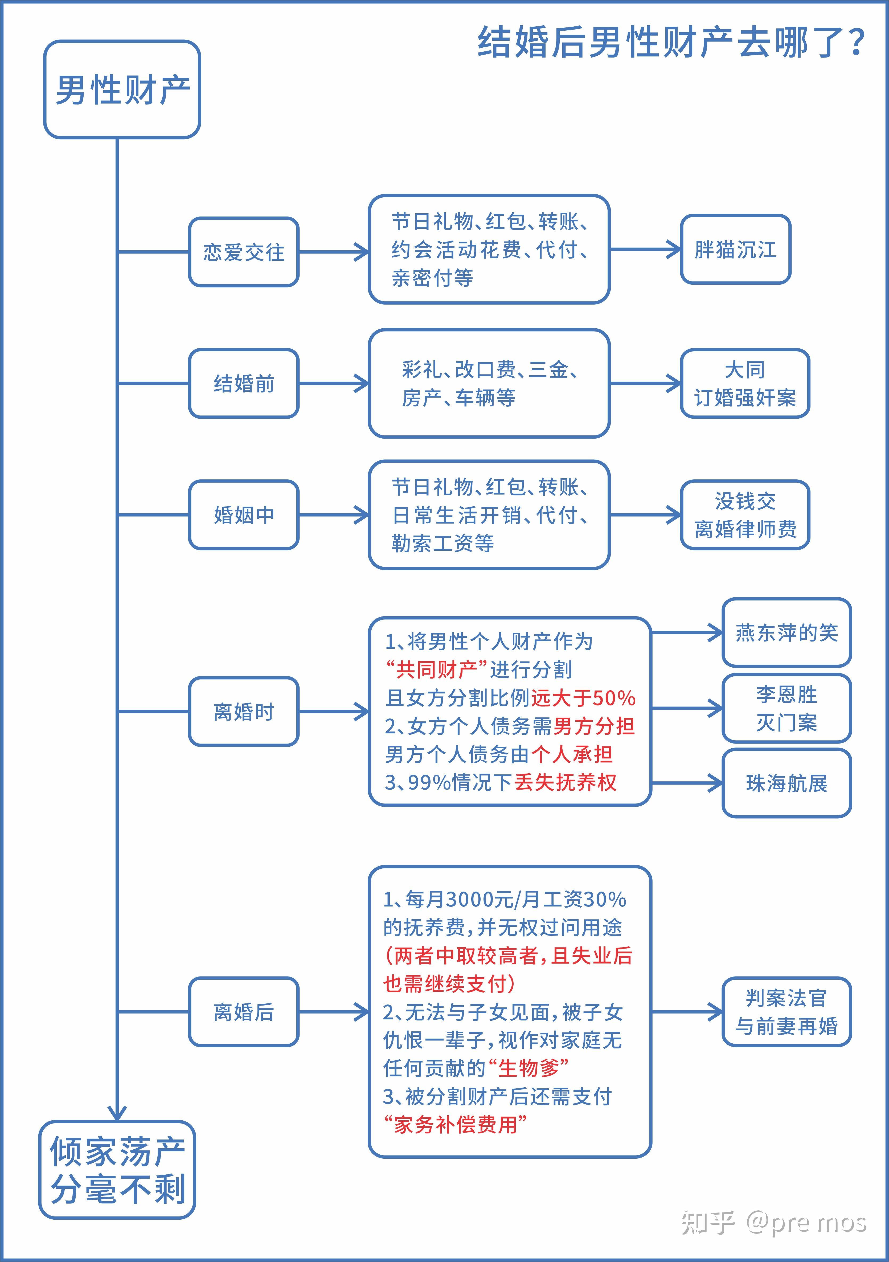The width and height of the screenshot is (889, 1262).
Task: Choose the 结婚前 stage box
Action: pyautogui.click(x=243, y=383)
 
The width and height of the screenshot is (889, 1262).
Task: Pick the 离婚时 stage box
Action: pyautogui.click(x=243, y=712)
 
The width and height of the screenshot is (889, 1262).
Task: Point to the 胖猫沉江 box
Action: pyautogui.click(x=735, y=250)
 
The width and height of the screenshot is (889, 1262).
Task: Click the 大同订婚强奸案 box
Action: pyautogui.click(x=744, y=383)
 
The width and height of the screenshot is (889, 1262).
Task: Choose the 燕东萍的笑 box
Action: pyautogui.click(x=786, y=633)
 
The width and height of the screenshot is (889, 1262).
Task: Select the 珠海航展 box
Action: pyautogui.click(x=786, y=783)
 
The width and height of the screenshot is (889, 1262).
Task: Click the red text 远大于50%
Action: pyautogui.click(x=583, y=698)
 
